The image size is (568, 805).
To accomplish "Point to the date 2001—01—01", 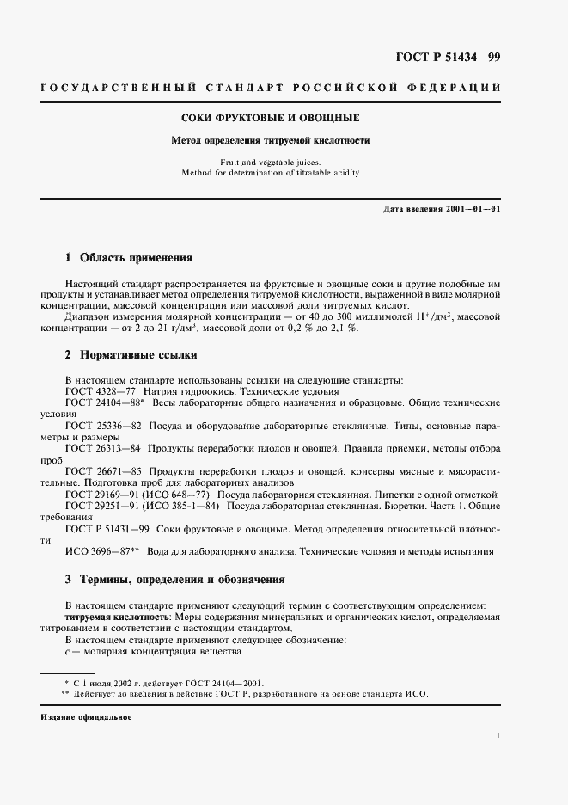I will coord(471,209).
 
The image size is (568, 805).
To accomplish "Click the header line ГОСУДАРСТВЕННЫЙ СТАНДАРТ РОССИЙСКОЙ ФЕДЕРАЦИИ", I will coord(284,89).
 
